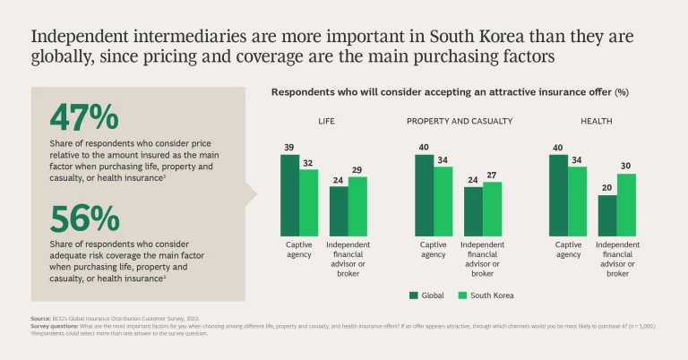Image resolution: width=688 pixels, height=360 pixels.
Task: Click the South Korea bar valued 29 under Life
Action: click(357, 206)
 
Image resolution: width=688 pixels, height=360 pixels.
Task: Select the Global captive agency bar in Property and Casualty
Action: click(424, 194)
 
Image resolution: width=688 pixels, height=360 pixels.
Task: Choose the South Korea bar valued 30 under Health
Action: click(626, 205)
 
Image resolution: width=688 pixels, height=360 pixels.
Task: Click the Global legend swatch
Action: click(414, 295)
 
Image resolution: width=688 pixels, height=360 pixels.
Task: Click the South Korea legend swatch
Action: click(462, 295)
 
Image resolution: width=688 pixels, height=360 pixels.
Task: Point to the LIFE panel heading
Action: click(326, 121)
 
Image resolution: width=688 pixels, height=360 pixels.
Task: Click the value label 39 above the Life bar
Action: click(289, 148)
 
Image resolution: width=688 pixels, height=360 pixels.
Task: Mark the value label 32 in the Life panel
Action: click(308, 162)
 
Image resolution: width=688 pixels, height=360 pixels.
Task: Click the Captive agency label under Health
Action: click(568, 249)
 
